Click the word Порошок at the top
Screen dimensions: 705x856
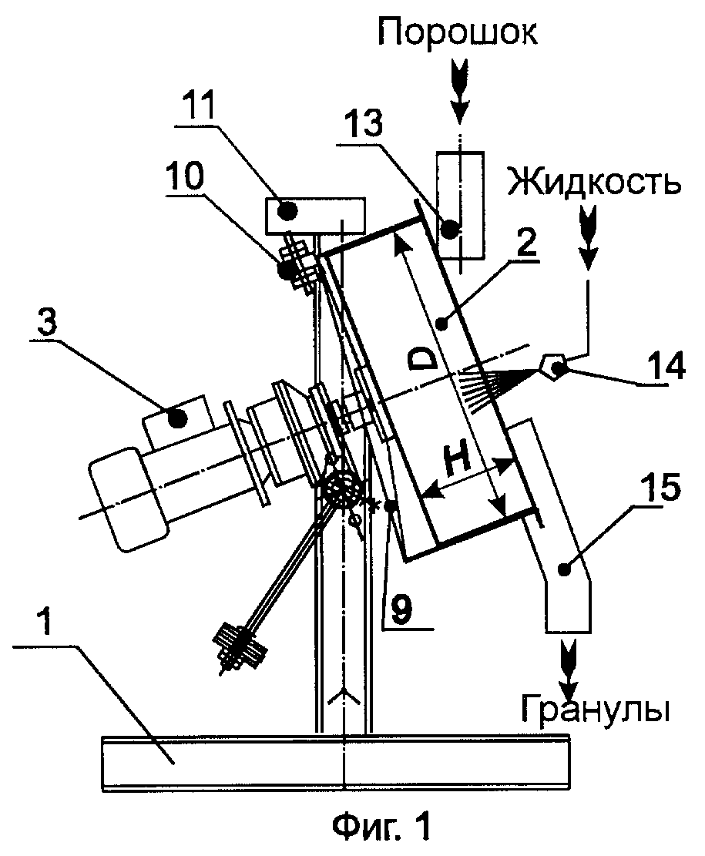(x=458, y=34)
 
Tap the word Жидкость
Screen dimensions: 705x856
(x=595, y=183)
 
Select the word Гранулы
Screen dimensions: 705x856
(x=595, y=710)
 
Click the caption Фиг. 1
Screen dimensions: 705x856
(x=382, y=826)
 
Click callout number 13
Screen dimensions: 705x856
(x=363, y=123)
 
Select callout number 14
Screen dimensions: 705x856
(x=665, y=366)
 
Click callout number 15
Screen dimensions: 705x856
(x=659, y=486)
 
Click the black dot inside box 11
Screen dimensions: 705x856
(x=288, y=210)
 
